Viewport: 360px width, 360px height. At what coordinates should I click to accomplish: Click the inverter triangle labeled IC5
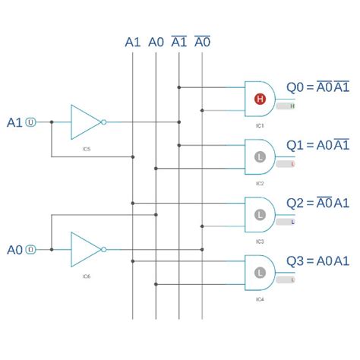tap(85, 121)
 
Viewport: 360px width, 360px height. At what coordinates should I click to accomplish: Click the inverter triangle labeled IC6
tap(85, 248)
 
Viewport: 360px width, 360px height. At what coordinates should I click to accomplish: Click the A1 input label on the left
tap(14, 122)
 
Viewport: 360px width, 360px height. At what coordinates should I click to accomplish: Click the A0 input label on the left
tap(14, 249)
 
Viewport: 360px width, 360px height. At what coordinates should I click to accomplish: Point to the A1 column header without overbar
tap(133, 43)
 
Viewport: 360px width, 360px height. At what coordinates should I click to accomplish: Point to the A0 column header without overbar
tap(156, 43)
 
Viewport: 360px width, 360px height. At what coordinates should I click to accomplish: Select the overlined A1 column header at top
tap(179, 43)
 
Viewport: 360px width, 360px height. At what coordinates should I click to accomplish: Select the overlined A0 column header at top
tap(203, 43)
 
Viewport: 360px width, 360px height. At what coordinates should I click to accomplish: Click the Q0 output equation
tap(317, 87)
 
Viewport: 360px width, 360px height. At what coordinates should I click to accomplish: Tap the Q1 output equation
tap(317, 145)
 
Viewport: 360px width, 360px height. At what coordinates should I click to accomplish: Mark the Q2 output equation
tap(317, 203)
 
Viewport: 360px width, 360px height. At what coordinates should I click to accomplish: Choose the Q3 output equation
tap(317, 261)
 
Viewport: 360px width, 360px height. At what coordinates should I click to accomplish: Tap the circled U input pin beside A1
tap(31, 122)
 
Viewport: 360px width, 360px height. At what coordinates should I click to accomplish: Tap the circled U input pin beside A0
tap(31, 249)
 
